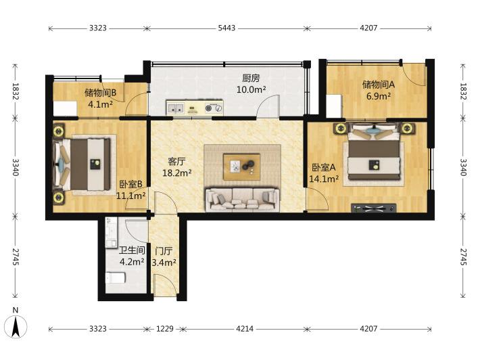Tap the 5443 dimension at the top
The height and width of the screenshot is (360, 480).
click(226, 28)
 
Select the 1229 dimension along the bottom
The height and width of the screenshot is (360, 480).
click(165, 329)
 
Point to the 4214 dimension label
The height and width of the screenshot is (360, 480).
click(245, 329)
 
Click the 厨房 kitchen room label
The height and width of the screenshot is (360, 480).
click(251, 78)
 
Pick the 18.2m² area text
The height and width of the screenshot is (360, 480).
click(177, 173)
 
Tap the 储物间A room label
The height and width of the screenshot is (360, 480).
click(379, 85)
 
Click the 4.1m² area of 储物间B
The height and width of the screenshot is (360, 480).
click(101, 104)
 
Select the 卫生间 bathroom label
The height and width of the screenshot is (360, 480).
click(132, 250)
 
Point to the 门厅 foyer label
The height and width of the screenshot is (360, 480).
click(164, 251)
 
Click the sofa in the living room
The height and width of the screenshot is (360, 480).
click(243, 200)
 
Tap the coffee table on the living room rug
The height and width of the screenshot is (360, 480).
click(242, 167)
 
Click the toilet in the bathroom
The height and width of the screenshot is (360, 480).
click(116, 278)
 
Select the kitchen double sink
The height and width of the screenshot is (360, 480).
click(175, 108)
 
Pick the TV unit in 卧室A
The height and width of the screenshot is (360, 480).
click(373, 208)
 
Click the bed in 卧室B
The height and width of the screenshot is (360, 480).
click(82, 164)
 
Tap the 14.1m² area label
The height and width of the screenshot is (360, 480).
click(324, 179)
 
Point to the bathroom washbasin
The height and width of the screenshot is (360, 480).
click(111, 233)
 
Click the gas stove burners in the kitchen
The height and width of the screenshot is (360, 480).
click(214, 108)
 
